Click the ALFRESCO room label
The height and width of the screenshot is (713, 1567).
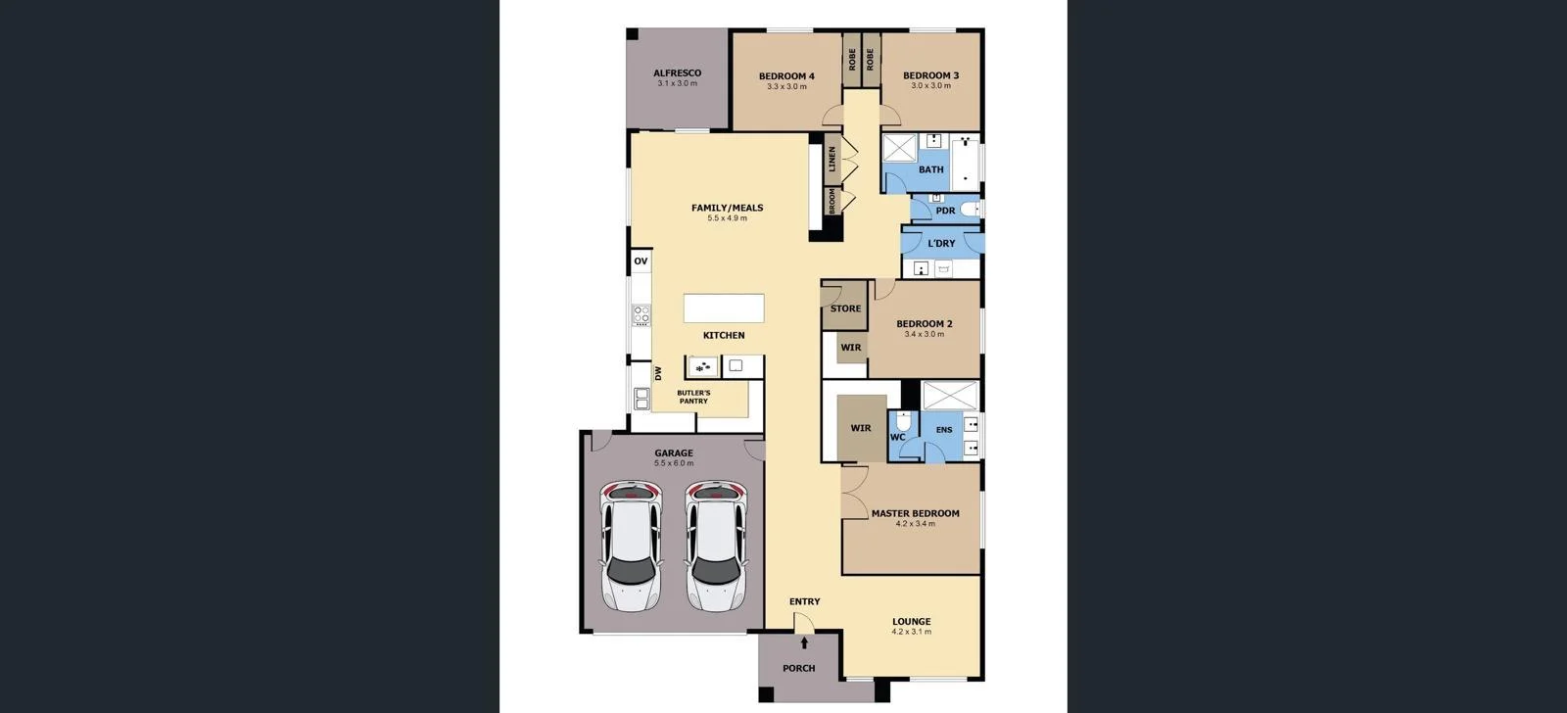tap(677, 73)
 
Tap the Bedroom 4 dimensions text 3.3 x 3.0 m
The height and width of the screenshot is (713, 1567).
tap(786, 87)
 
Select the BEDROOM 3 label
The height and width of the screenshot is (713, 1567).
tap(930, 75)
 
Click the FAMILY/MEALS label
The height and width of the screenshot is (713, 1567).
tap(727, 208)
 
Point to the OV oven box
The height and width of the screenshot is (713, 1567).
tap(641, 261)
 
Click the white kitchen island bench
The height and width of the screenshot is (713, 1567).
tap(724, 308)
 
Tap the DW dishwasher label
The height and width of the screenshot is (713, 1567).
tap(658, 373)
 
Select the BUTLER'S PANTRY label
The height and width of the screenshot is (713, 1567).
tap(693, 397)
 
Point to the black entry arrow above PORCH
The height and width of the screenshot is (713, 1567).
tap(804, 643)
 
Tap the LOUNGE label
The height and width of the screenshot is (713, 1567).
tap(911, 621)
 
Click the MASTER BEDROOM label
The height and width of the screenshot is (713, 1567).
tap(915, 513)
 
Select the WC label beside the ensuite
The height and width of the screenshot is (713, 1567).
tap(897, 437)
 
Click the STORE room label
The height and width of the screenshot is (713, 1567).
tap(845, 309)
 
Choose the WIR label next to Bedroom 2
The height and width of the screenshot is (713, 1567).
tap(850, 348)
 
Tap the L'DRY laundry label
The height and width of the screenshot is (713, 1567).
tap(941, 244)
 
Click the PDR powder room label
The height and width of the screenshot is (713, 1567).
tap(945, 211)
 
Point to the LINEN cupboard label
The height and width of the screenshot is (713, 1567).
tap(832, 159)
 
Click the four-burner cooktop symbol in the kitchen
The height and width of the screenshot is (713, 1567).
tap(641, 314)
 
